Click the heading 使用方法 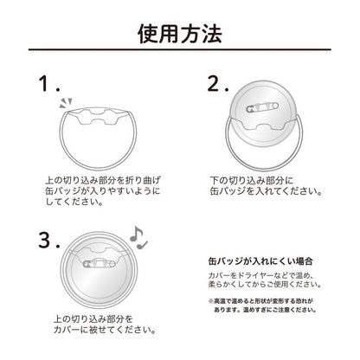click(x=180, y=35)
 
